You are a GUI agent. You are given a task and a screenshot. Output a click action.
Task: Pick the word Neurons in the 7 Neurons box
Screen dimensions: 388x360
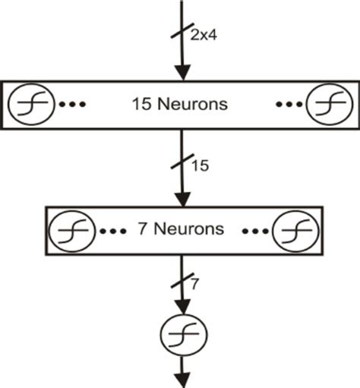pos(192,229)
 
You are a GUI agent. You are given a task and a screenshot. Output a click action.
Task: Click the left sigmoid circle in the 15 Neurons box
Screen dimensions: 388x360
pos(31,104)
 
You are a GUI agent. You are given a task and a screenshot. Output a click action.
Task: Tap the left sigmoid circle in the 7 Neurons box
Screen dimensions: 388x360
pos(72,229)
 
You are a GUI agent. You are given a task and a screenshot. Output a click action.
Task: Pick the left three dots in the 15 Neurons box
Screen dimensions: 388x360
pos(72,104)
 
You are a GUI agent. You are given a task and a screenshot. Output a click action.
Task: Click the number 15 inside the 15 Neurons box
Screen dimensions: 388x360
pos(143,104)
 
